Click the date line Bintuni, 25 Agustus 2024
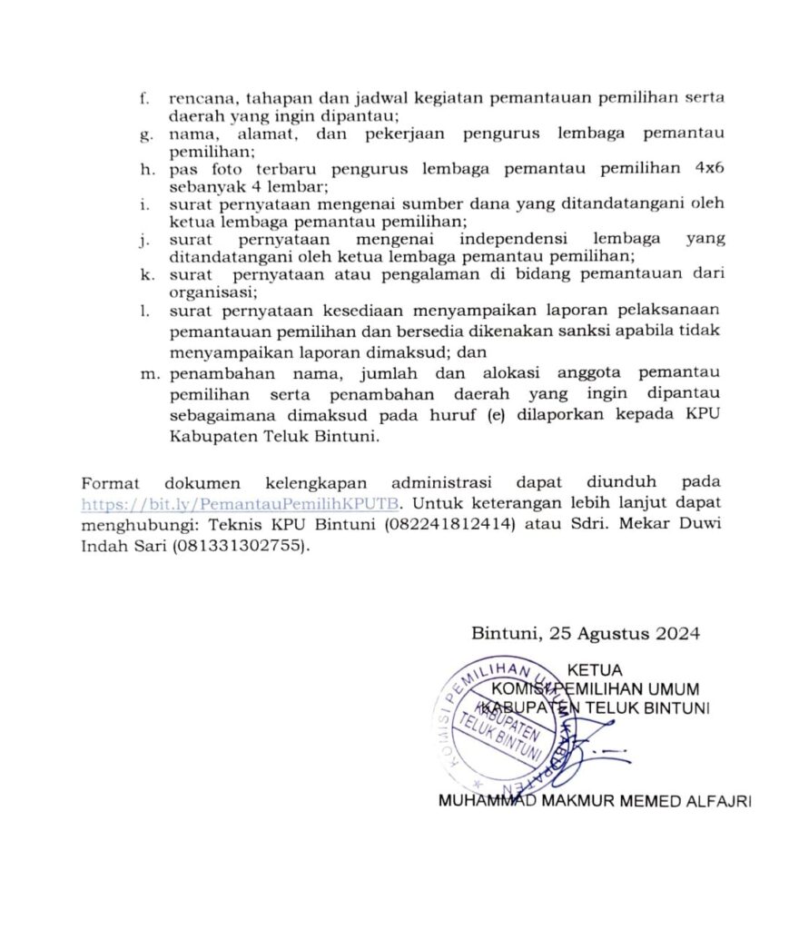coord(585,634)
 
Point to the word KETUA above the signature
coord(595,672)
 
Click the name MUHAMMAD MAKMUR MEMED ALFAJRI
coord(595,802)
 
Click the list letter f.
coord(144,98)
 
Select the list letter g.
coord(144,134)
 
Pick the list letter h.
coord(144,169)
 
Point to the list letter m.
coord(148,372)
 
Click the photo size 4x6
coord(709,169)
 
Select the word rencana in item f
coord(201,98)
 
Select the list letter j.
coord(144,240)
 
